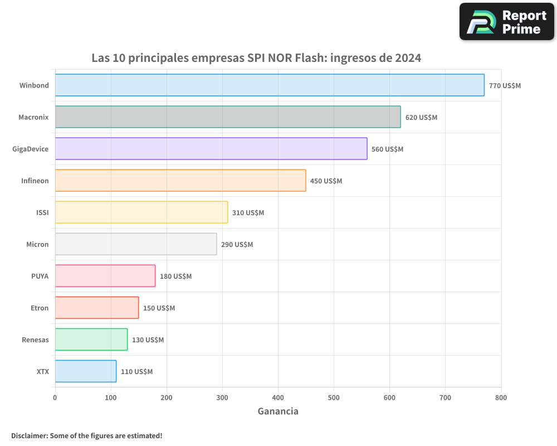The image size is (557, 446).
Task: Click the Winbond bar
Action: (x=270, y=85)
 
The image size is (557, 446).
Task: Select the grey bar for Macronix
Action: (x=228, y=117)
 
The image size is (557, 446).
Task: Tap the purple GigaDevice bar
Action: (x=211, y=149)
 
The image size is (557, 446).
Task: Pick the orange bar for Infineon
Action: (x=180, y=181)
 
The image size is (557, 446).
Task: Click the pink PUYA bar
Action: (x=105, y=276)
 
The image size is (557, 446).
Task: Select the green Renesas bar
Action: (x=91, y=340)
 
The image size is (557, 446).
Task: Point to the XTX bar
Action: (x=86, y=371)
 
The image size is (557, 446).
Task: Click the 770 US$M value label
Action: (x=505, y=86)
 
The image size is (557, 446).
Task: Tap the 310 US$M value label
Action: (x=248, y=213)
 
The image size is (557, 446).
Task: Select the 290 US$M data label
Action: (x=237, y=245)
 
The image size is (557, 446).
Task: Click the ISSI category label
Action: (x=42, y=212)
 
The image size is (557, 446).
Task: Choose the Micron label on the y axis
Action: (x=37, y=244)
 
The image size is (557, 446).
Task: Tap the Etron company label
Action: (x=40, y=308)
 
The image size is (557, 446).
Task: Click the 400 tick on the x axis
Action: (x=278, y=397)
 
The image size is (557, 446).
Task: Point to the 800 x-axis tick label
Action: (x=501, y=397)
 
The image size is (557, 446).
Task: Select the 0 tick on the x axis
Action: (x=55, y=397)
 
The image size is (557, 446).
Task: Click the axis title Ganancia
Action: (x=278, y=411)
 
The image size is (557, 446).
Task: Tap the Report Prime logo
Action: (x=506, y=22)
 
